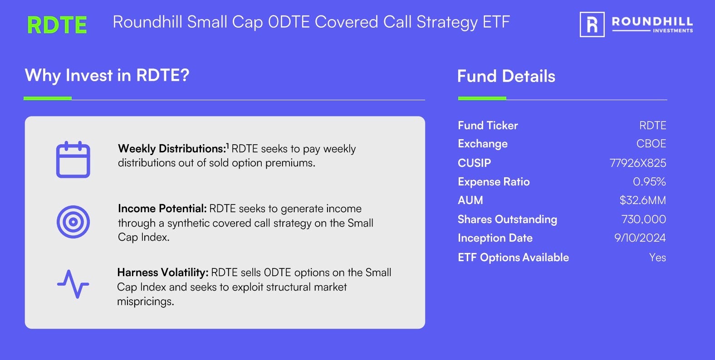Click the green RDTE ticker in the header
[57, 25]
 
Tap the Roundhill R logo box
[592, 24]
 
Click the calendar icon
[73, 159]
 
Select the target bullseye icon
[73, 222]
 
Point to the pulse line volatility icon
[73, 284]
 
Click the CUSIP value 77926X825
[638, 163]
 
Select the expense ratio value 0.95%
[649, 182]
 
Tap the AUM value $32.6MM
[642, 200]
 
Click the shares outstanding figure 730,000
[643, 219]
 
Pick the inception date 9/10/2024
[640, 238]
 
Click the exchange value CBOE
[651, 144]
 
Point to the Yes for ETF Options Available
[657, 258]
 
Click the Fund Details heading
[506, 76]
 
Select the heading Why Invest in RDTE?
[107, 76]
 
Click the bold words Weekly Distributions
[172, 149]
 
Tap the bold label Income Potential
[162, 209]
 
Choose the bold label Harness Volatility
[163, 272]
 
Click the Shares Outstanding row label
[507, 219]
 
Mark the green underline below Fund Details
[482, 98]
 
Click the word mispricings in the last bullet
[146, 302]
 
